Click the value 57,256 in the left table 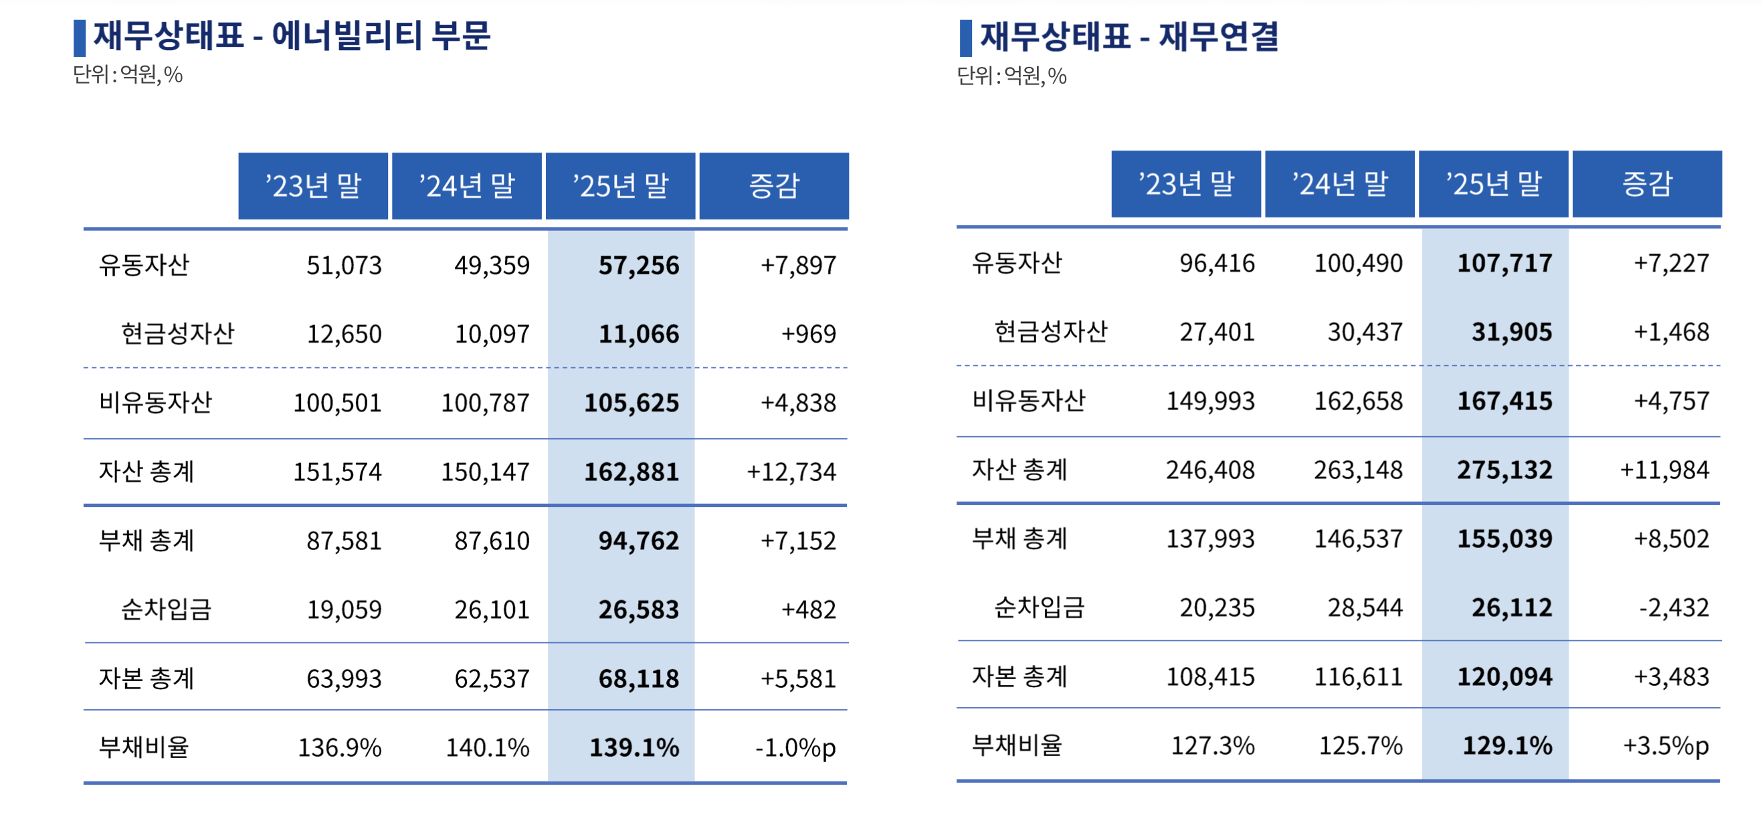(x=638, y=266)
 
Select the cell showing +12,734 (x=791, y=472)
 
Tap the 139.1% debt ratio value (x=634, y=747)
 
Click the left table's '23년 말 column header (x=313, y=186)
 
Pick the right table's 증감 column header (x=1646, y=184)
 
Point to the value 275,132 (x=1504, y=470)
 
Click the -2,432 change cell (x=1673, y=608)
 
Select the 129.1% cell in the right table (x=1507, y=745)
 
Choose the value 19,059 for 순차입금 (x=343, y=610)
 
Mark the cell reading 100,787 (x=485, y=403)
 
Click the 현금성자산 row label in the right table (x=1050, y=332)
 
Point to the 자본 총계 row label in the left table (x=146, y=678)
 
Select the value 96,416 (x=1217, y=264)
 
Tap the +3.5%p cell (x=1666, y=745)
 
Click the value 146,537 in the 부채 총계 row (x=1358, y=539)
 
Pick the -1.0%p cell (x=795, y=747)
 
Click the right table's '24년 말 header (x=1339, y=184)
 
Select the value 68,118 (x=638, y=678)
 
